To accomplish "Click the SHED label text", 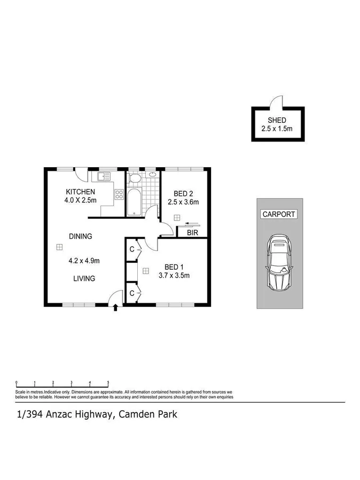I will click(x=277, y=120).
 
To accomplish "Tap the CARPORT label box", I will click(x=278, y=214).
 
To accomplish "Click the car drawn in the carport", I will click(x=279, y=262).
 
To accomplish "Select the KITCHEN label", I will click(x=80, y=192).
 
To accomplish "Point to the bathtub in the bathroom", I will click(x=134, y=201).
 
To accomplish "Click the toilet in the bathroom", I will click(x=135, y=178).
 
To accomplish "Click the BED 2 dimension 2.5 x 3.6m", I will click(x=183, y=202).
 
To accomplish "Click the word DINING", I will click(x=80, y=236).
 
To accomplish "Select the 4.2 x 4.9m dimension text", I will click(x=84, y=261).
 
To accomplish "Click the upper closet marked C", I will click(x=131, y=249).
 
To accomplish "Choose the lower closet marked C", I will click(x=131, y=293).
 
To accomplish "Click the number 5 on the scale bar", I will click(x=108, y=382).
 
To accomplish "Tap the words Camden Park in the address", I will click(x=148, y=414).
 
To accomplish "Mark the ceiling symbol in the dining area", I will click(x=59, y=247).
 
